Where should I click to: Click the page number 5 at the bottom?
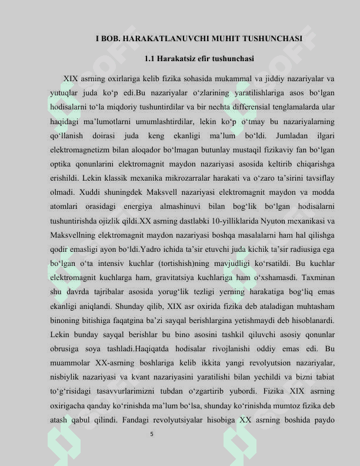click(152, 434)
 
